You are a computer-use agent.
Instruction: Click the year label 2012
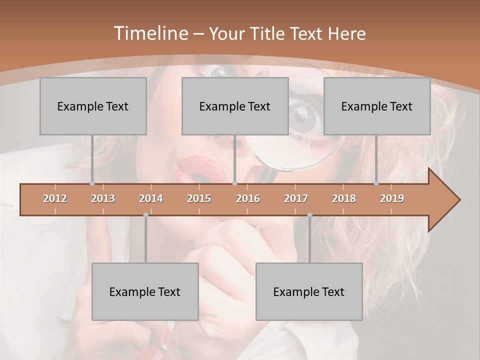point(55,198)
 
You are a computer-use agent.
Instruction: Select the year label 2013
point(103,198)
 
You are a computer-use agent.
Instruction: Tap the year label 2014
point(151,198)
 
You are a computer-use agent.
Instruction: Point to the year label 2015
point(199,198)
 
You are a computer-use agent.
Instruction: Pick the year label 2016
point(248,198)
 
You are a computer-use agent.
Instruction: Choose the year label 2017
point(296,198)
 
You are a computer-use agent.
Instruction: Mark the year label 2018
point(344,198)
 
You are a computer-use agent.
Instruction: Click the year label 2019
point(392,198)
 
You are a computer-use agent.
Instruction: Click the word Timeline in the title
point(150,33)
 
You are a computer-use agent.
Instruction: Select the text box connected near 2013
point(93,106)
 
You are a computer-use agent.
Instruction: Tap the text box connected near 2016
point(235,106)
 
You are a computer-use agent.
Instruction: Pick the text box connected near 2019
point(377,106)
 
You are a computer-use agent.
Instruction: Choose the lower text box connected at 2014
point(145,291)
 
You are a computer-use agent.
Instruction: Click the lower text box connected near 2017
point(309,291)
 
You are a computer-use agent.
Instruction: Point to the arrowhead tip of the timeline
point(458,199)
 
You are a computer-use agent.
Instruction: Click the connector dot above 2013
point(92,183)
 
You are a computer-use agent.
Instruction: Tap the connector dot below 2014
point(145,215)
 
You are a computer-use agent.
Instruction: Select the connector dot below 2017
point(309,215)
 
